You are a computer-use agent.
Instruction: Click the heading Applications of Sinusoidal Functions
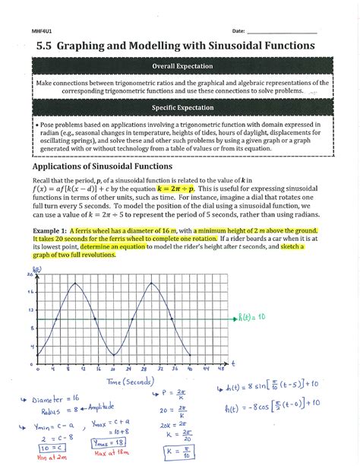(110, 166)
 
